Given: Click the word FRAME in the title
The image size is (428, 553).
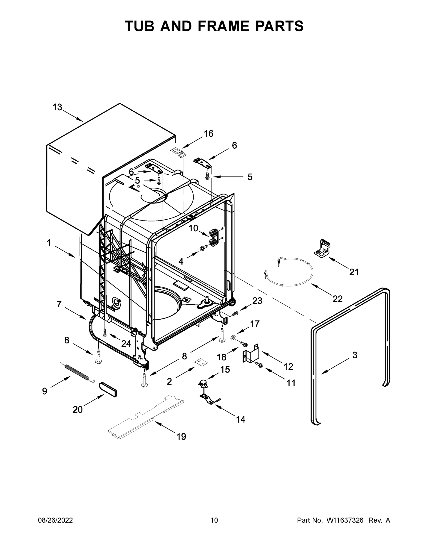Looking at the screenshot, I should pos(223,26).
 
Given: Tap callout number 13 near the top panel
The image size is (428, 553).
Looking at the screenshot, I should pos(57,107).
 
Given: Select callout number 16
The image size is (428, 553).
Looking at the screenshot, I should pos(208,134).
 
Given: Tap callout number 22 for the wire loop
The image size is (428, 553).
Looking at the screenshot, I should pos(338,299).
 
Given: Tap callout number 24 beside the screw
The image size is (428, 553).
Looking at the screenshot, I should pos(126,344).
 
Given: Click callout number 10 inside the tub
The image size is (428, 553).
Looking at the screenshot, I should pos(193,228).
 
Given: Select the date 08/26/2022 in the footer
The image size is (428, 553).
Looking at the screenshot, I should pos(55,520).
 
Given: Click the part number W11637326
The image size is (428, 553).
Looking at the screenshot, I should pos(345,520).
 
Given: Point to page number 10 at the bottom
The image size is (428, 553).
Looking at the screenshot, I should pos(214,520).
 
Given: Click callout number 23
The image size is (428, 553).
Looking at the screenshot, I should pos(257,301).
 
